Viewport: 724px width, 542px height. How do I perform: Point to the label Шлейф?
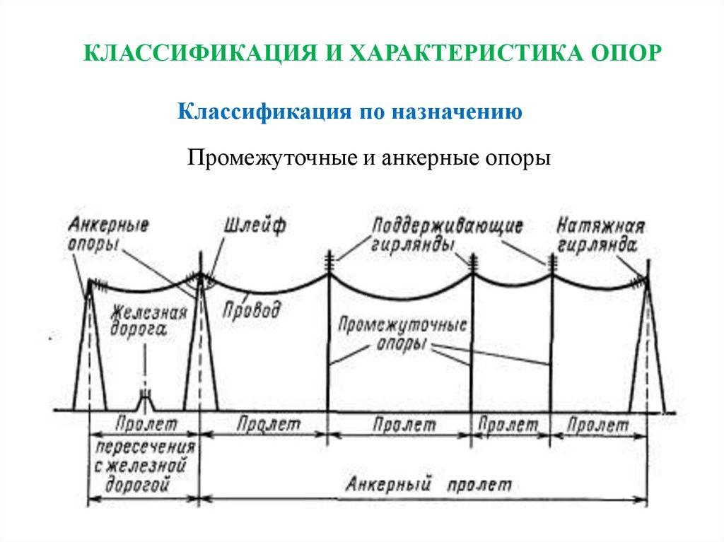[255, 227]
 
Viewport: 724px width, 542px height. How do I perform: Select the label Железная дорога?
[148, 321]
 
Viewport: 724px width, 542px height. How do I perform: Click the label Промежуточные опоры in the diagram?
[402, 335]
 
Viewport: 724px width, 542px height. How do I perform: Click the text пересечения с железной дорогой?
[145, 466]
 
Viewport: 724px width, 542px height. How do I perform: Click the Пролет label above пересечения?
[144, 425]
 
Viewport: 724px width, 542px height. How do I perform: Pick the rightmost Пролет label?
[598, 425]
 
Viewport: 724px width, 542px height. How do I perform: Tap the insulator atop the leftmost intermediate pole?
[329, 260]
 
